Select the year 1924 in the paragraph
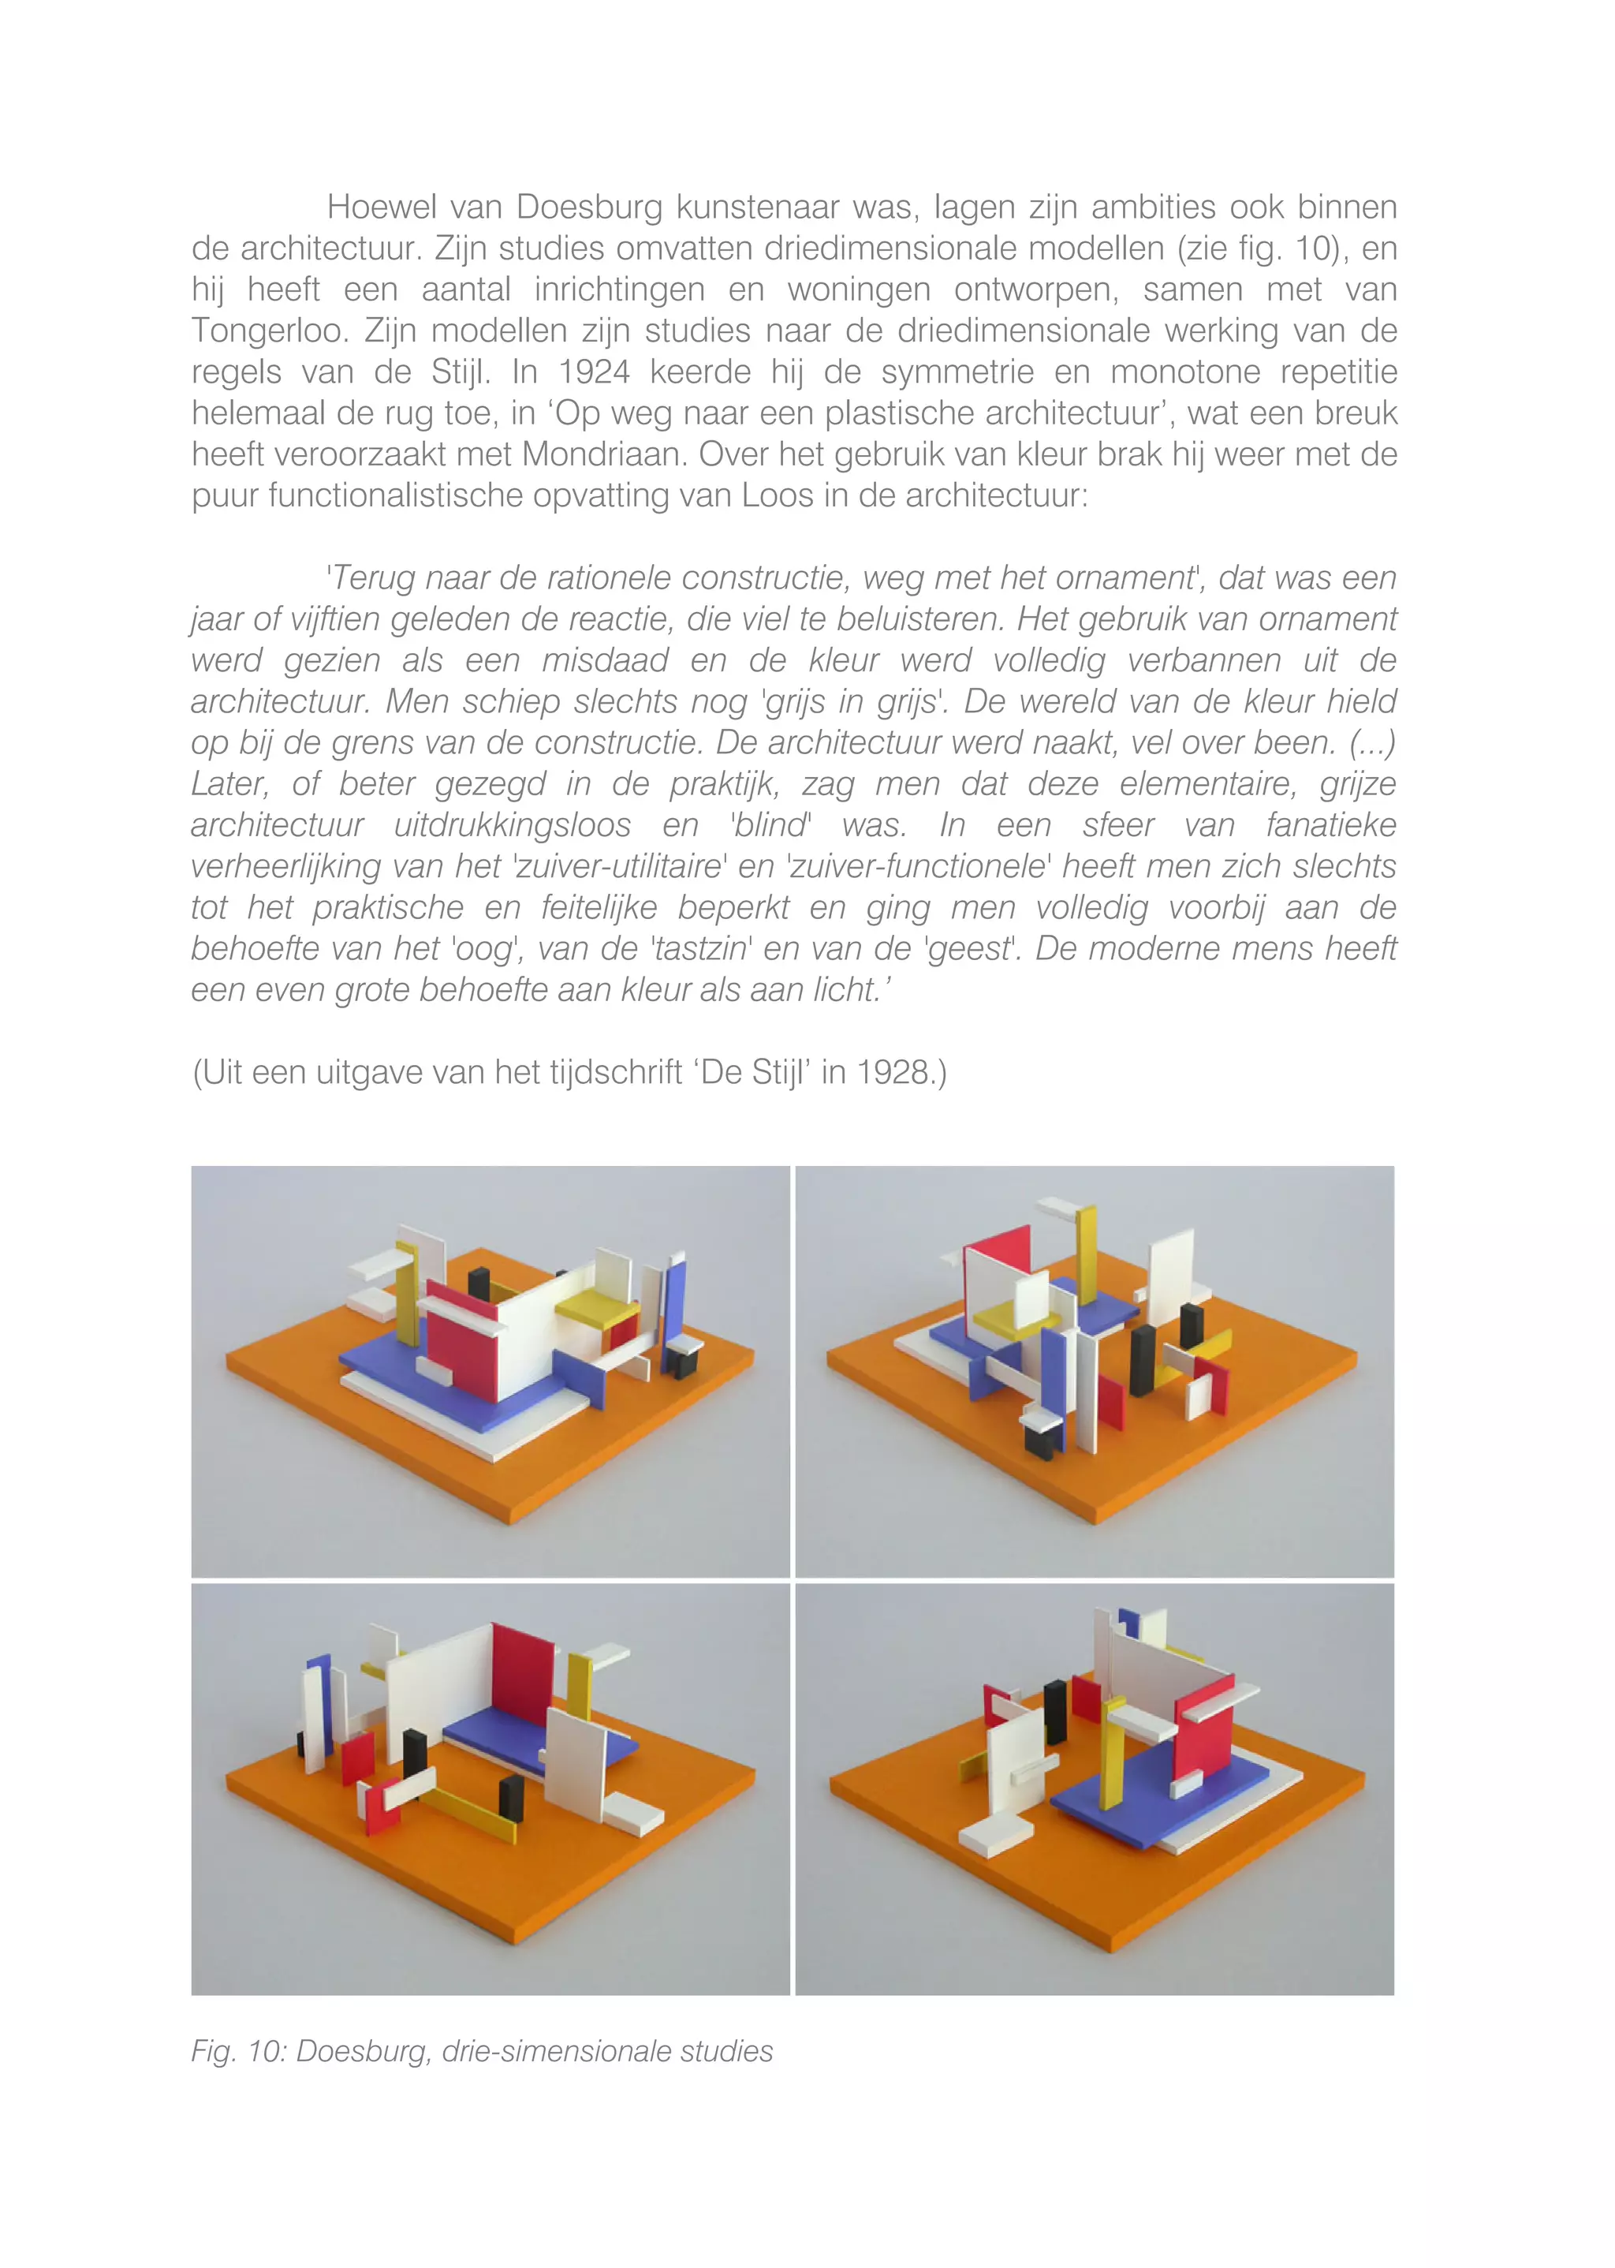[594, 372]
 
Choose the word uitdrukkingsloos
[512, 826]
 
